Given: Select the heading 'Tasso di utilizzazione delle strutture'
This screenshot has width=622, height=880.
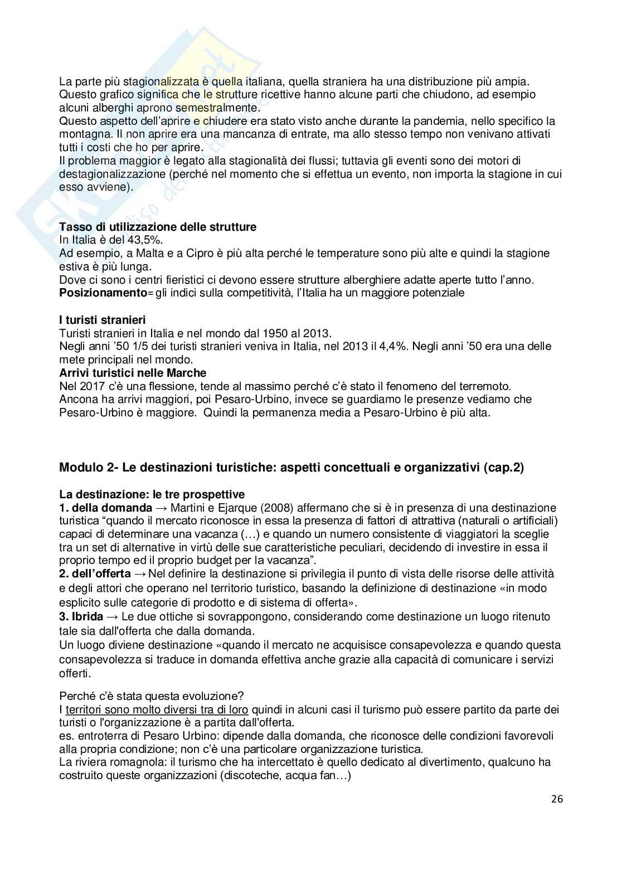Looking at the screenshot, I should (x=158, y=227).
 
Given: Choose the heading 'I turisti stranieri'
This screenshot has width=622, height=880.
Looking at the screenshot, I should (x=103, y=320).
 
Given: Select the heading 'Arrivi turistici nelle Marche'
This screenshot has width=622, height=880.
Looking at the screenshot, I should (x=133, y=373).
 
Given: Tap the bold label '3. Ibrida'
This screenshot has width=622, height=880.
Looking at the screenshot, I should (x=81, y=617).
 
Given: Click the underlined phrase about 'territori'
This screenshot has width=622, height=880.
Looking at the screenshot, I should (x=157, y=710).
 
